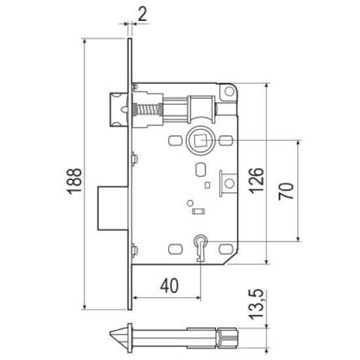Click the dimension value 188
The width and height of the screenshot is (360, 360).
pyautogui.click(x=74, y=181)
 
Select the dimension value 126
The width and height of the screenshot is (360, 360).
pyautogui.click(x=256, y=181)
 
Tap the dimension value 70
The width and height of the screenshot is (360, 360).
pyautogui.click(x=286, y=191)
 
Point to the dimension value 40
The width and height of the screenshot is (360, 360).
pyautogui.click(x=170, y=286)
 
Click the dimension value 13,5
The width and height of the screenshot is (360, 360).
pyautogui.click(x=257, y=304)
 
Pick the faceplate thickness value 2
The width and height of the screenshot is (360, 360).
pyautogui.click(x=142, y=14)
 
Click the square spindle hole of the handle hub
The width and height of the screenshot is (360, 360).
pyautogui.click(x=201, y=141)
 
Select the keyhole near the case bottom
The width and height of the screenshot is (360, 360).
pyautogui.click(x=200, y=248)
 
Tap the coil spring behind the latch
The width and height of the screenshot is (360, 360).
pyautogui.click(x=148, y=109)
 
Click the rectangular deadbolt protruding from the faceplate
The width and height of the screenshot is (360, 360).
pyautogui.click(x=113, y=208)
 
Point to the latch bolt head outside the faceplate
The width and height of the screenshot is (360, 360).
pyautogui.click(x=118, y=110)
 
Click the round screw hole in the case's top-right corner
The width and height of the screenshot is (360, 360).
pyautogui.click(x=229, y=92)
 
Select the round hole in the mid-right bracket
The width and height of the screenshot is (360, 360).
pyautogui.click(x=229, y=184)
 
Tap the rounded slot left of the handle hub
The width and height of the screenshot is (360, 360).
pyautogui.click(x=175, y=141)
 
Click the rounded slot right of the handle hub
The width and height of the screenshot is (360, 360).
pyautogui.click(x=226, y=141)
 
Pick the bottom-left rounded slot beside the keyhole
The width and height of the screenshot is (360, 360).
pyautogui.click(x=175, y=249)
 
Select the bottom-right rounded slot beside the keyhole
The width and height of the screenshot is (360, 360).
pyautogui.click(x=226, y=249)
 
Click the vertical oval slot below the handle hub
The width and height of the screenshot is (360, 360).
pyautogui.click(x=201, y=170)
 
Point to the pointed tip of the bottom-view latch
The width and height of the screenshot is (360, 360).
pyautogui.click(x=110, y=338)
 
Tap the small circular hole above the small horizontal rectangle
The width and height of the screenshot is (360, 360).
pyautogui.click(x=190, y=203)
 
